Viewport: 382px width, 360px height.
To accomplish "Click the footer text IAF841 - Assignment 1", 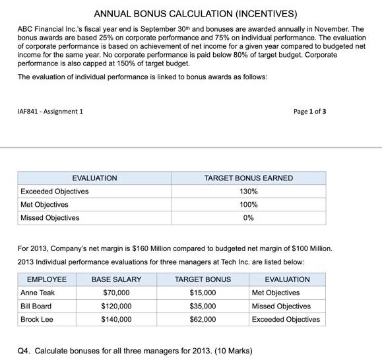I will click(50, 111).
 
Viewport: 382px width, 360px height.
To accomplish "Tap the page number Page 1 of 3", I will click(309, 111).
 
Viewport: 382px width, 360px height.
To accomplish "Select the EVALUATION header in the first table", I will click(94, 178).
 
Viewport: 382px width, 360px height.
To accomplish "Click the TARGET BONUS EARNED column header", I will click(248, 178).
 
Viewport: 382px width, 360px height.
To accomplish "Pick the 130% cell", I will click(248, 192).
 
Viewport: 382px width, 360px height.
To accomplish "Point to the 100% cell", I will click(248, 205).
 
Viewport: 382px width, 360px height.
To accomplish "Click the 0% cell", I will click(248, 218).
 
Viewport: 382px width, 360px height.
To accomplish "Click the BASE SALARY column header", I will click(116, 279).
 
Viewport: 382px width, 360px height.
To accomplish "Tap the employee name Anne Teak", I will click(38, 293).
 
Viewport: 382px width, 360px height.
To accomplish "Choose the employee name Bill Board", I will click(36, 306).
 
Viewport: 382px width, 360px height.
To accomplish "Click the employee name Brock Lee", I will click(37, 319).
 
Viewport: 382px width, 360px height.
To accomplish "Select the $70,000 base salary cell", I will click(116, 293).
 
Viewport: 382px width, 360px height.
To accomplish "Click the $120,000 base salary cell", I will click(116, 306).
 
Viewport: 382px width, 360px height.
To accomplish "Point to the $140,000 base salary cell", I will click(116, 319).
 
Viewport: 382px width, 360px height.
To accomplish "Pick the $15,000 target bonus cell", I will click(203, 293).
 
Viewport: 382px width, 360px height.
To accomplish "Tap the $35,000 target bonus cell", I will click(203, 306).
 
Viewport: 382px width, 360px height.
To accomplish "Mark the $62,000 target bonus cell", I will click(203, 319).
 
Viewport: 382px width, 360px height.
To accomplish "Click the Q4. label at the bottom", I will click(24, 351).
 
